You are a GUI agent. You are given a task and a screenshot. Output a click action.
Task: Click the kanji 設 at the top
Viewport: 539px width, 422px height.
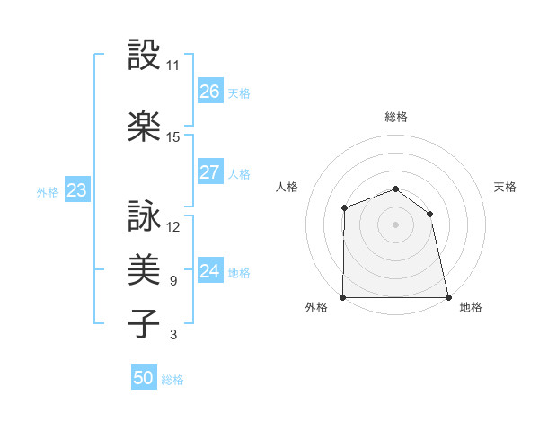(x=144, y=57)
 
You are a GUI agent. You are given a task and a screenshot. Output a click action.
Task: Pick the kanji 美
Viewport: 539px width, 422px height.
(x=144, y=268)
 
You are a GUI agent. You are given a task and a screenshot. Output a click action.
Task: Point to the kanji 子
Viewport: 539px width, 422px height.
(x=144, y=322)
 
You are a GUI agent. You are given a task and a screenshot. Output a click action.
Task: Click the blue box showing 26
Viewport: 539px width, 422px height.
(x=210, y=92)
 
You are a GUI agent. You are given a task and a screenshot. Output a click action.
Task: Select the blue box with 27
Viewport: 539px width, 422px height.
(x=210, y=172)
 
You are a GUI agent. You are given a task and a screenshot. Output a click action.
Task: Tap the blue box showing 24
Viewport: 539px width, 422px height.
(x=210, y=270)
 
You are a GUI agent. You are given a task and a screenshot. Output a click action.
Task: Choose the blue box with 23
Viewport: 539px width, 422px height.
(x=76, y=190)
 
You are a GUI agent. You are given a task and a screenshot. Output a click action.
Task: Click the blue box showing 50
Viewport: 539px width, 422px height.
(x=144, y=378)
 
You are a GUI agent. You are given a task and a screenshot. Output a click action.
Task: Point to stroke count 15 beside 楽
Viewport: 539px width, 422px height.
(x=173, y=137)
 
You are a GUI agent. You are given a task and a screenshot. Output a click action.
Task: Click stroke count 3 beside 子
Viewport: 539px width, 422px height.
(x=173, y=335)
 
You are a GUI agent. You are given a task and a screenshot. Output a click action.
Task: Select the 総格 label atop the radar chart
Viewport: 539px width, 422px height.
(x=396, y=117)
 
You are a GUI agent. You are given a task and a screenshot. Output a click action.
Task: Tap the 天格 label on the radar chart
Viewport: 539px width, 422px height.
(x=506, y=187)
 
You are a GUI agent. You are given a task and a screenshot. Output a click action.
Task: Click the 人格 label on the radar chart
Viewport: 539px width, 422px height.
(x=287, y=187)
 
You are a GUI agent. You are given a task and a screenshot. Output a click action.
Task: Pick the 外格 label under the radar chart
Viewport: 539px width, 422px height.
(x=316, y=307)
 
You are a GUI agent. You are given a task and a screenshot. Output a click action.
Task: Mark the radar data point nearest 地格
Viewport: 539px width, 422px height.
(x=448, y=297)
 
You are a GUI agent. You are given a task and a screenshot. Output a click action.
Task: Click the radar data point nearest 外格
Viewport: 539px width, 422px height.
(x=343, y=297)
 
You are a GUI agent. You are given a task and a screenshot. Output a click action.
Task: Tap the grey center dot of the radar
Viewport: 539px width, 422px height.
(x=395, y=224)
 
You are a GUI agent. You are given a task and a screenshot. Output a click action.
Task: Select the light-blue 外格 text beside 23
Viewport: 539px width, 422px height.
(x=48, y=191)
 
